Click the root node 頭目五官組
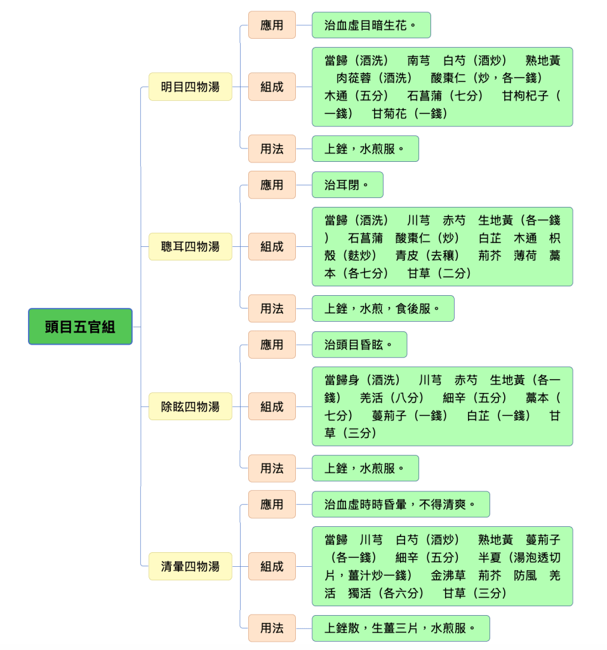(x=80, y=327)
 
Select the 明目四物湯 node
(x=190, y=86)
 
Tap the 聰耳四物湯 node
(x=190, y=247)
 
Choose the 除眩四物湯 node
(x=190, y=407)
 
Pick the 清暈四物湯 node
(x=190, y=566)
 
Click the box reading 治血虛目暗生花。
(x=371, y=25)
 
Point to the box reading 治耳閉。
(x=347, y=185)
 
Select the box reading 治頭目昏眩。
(x=359, y=345)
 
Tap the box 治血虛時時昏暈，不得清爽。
(x=401, y=505)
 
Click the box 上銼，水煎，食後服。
(x=383, y=308)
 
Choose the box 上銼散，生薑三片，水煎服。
(x=401, y=628)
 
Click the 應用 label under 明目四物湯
(x=272, y=25)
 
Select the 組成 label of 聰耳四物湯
(x=272, y=247)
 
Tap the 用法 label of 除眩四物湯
(x=272, y=468)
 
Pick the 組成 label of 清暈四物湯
(x=272, y=566)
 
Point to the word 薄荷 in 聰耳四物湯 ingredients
(x=525, y=256)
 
